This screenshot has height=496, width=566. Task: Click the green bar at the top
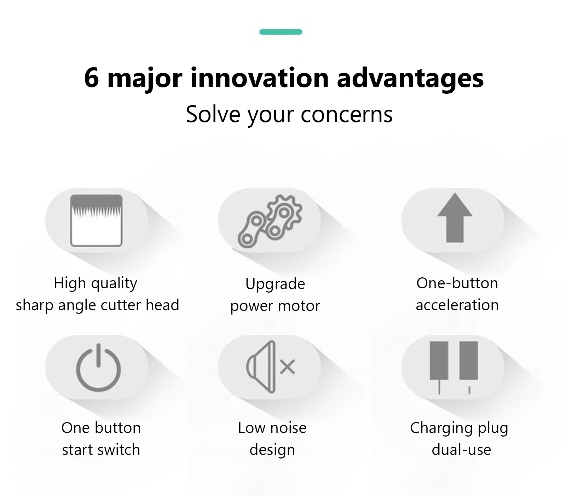point(281,32)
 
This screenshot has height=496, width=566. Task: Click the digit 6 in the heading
point(92,77)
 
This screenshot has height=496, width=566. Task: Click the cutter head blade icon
point(96,220)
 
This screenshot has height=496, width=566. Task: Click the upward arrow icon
point(455,218)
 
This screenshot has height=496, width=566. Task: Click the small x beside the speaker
point(288,367)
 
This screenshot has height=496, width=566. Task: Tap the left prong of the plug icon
point(439,368)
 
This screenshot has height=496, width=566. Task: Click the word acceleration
point(457,305)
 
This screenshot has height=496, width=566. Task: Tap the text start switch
point(101,450)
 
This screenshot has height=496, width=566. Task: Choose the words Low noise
point(272,428)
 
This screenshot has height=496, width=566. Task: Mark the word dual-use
point(461,450)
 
